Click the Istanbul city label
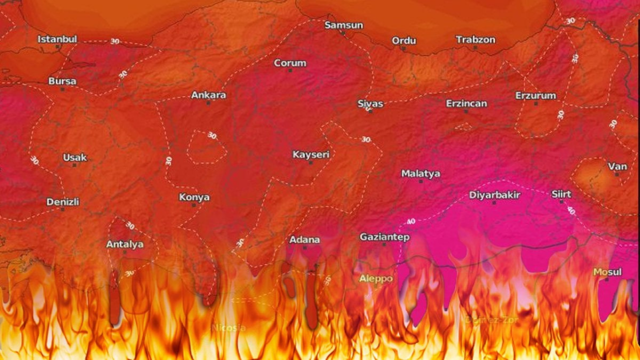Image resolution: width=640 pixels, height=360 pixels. tap(57, 39)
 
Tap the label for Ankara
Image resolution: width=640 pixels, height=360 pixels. tap(208, 94)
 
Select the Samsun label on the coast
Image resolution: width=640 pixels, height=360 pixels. tap(344, 25)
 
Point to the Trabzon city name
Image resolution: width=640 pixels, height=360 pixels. tap(475, 39)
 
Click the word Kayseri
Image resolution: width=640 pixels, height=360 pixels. tap(311, 154)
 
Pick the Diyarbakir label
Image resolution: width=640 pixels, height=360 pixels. tap(494, 195)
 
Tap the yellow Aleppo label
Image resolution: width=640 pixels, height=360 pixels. tap(376, 278)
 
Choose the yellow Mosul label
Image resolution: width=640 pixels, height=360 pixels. tap(607, 272)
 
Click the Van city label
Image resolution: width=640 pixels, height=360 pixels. tap(617, 166)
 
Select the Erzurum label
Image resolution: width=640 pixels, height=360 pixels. tap(535, 95)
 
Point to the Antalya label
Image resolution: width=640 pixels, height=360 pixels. tap(124, 244)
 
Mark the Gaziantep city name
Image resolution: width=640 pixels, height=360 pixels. tap(384, 236)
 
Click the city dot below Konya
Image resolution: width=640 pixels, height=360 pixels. tap(194, 205)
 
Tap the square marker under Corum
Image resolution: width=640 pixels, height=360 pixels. tap(290, 70)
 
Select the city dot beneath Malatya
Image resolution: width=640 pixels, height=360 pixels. tap(420, 181)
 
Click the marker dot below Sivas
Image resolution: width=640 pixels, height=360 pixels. tap(370, 111)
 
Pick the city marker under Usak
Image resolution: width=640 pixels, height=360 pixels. tap(74, 165)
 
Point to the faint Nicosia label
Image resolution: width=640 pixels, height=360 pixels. tap(228, 327)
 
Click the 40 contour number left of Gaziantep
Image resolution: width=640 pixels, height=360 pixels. tap(411, 221)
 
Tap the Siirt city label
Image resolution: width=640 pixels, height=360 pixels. tap(561, 194)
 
